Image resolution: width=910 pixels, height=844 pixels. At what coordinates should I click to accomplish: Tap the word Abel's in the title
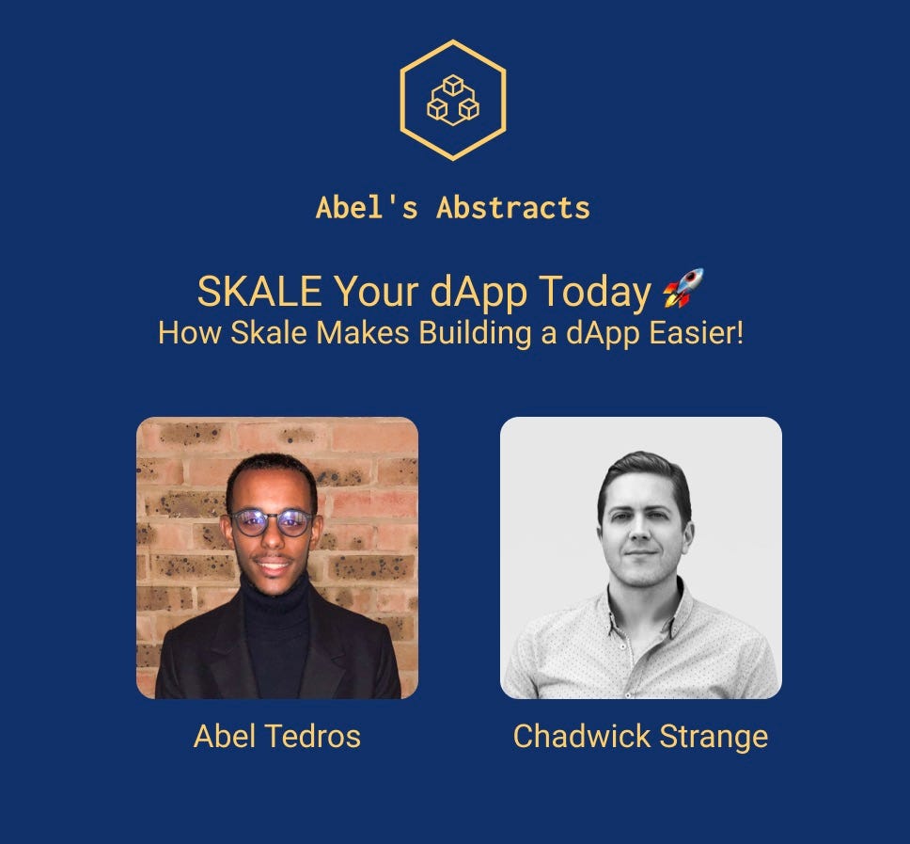pyautogui.click(x=367, y=208)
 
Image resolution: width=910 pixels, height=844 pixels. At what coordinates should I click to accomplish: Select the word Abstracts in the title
pyautogui.click(x=513, y=208)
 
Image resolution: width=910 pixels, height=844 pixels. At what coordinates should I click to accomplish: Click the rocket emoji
pyautogui.click(x=683, y=288)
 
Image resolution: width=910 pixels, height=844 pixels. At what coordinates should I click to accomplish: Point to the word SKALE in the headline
pyautogui.click(x=259, y=291)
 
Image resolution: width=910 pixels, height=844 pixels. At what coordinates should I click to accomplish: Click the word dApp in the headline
pyautogui.click(x=479, y=293)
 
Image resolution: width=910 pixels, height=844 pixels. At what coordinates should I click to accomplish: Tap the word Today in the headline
pyautogui.click(x=595, y=293)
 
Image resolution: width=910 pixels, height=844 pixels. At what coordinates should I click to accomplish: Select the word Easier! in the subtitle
pyautogui.click(x=696, y=333)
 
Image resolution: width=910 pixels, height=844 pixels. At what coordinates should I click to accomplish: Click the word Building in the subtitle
pyautogui.click(x=475, y=334)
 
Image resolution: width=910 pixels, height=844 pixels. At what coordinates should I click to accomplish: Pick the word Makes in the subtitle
pyautogui.click(x=363, y=333)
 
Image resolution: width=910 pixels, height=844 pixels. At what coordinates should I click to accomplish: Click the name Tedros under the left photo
pyautogui.click(x=312, y=736)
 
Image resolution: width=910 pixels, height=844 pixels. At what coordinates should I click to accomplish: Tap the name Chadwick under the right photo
pyautogui.click(x=582, y=736)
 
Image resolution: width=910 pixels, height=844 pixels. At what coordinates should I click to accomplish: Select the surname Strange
pyautogui.click(x=714, y=737)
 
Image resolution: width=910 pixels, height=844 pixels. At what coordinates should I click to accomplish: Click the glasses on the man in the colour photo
pyautogui.click(x=271, y=521)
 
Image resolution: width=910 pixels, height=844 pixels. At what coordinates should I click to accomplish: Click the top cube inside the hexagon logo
pyautogui.click(x=453, y=86)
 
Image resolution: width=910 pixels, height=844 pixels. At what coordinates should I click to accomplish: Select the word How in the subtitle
pyautogui.click(x=189, y=333)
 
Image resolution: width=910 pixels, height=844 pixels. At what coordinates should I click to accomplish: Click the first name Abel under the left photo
pyautogui.click(x=224, y=736)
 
